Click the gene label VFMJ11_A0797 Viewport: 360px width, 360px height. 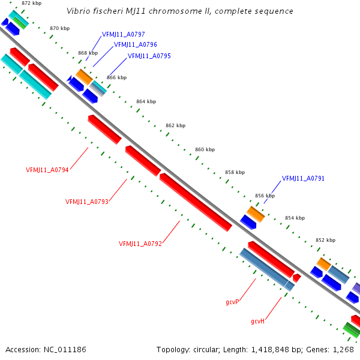[x=123, y=34]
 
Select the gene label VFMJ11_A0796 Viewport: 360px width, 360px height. [x=136, y=44]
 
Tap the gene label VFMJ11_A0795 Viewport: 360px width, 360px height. [x=149, y=56]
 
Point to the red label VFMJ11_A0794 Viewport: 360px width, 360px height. [x=47, y=170]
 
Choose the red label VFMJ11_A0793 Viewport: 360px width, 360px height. [x=87, y=202]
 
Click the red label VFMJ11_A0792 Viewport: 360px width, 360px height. [x=140, y=244]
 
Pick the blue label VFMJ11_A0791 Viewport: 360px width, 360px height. [x=303, y=178]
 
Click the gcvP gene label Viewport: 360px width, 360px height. [x=232, y=302]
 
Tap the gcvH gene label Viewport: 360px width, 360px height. [x=258, y=321]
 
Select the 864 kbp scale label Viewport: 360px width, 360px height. [x=146, y=101]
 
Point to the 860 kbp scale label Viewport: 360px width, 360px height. [x=205, y=149]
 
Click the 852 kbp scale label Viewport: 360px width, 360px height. [x=326, y=240]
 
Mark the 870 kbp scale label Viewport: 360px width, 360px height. [x=59, y=28]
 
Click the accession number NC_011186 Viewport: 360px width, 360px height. [x=65, y=350]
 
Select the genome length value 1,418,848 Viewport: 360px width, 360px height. [x=270, y=350]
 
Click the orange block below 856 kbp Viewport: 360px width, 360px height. [x=256, y=214]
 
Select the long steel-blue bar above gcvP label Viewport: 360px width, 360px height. [x=267, y=269]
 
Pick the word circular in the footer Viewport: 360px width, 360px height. [x=206, y=350]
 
